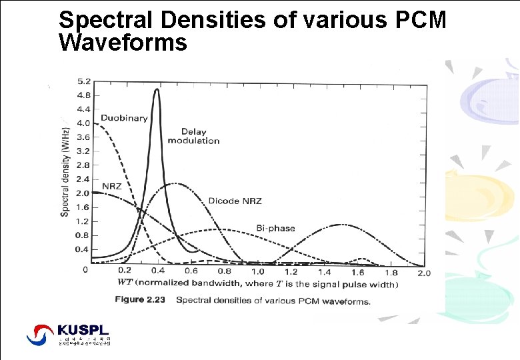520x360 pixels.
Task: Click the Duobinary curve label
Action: (x=124, y=118)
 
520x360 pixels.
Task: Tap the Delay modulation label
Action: (x=193, y=136)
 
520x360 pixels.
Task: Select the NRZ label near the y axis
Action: (x=112, y=186)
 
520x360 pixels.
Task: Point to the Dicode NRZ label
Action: (x=235, y=201)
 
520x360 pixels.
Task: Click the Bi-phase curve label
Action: (x=275, y=228)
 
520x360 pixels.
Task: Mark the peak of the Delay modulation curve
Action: (x=157, y=89)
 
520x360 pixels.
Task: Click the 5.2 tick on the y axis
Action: (x=84, y=81)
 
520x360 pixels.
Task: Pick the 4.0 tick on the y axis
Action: (x=84, y=123)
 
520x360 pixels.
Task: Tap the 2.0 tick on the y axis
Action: (x=84, y=193)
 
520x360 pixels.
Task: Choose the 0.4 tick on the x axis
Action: (x=158, y=271)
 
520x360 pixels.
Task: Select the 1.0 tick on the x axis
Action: (x=257, y=271)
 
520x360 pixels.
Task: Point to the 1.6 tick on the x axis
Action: (x=357, y=271)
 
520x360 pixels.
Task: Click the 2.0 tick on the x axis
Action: (x=424, y=272)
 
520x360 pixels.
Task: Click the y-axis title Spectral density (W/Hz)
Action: (x=65, y=171)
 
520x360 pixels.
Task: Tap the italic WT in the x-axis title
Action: (x=125, y=283)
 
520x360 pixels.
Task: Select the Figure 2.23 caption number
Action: (x=139, y=300)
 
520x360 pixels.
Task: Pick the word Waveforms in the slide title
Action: (x=123, y=43)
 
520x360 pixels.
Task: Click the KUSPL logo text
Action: (x=83, y=330)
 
